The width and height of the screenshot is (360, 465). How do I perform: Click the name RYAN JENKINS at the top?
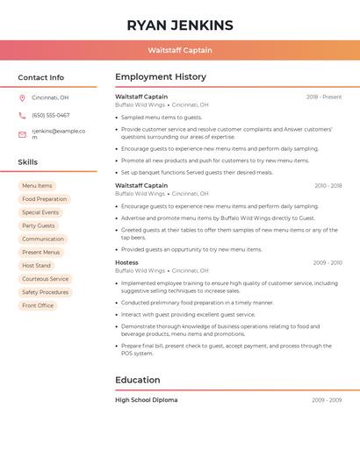click(x=180, y=25)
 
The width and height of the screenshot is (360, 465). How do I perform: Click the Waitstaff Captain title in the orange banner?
click(x=180, y=50)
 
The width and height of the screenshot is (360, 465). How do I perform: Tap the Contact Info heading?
click(x=40, y=77)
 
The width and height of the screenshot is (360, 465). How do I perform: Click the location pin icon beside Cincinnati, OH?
click(x=22, y=97)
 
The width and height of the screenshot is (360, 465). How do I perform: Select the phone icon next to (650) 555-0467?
click(x=22, y=115)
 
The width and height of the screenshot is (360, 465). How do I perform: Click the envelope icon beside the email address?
click(x=22, y=134)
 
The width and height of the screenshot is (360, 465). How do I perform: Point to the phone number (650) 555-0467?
click(x=51, y=115)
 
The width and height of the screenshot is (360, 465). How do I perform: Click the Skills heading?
click(x=28, y=162)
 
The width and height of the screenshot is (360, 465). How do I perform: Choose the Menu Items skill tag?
click(x=37, y=186)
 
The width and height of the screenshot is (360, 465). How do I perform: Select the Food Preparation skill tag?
click(x=44, y=199)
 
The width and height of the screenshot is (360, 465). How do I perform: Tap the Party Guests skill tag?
click(x=39, y=225)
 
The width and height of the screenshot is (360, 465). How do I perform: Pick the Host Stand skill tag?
click(x=37, y=266)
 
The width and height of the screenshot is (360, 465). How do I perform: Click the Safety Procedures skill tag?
click(x=45, y=292)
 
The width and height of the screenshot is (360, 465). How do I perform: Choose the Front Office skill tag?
click(x=38, y=305)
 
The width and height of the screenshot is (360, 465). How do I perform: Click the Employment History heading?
click(x=161, y=77)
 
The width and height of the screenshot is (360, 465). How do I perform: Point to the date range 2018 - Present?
click(x=324, y=97)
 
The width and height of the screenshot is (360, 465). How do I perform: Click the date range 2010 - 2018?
click(x=328, y=186)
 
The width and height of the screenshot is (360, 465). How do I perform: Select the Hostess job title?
click(x=126, y=262)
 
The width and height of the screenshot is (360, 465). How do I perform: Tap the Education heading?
click(x=138, y=380)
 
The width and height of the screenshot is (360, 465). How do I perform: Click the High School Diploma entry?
click(x=147, y=400)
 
